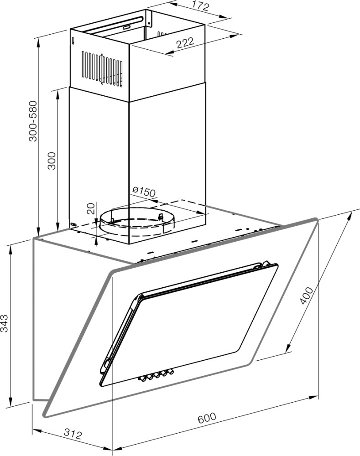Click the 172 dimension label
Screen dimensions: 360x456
[x=200, y=5]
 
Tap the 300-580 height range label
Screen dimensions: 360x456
[x=33, y=121]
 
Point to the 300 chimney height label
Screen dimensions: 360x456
[x=52, y=161]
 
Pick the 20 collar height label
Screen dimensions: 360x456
[x=91, y=209]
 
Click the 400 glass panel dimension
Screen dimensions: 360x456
[x=307, y=295]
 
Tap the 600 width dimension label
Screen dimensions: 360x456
[x=207, y=418]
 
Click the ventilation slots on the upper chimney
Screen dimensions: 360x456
[x=102, y=69]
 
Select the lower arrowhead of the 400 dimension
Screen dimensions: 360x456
[x=288, y=348]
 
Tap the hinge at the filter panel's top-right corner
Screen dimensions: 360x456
[x=265, y=264]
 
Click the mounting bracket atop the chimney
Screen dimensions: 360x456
[x=149, y=18]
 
